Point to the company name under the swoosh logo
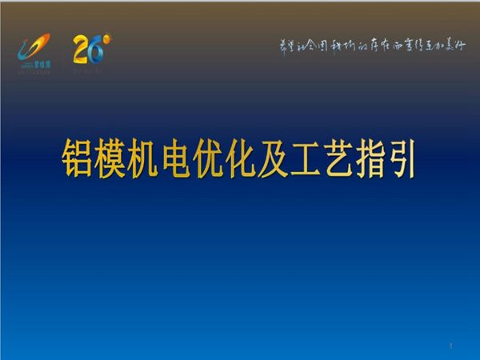[35, 62]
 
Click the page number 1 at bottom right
[452, 346]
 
